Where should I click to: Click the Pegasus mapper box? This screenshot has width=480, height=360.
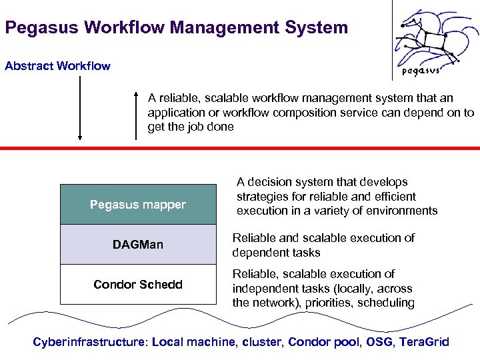138,205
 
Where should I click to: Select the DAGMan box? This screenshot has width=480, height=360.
138,245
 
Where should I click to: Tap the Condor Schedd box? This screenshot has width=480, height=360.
138,285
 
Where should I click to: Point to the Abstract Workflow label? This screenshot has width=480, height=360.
57,66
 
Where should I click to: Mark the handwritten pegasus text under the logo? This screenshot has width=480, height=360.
421,71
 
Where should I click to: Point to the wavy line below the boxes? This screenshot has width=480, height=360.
240,319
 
